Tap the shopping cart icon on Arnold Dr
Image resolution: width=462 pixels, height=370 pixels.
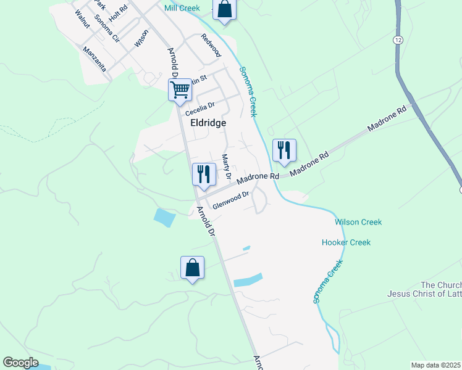pos(180,89)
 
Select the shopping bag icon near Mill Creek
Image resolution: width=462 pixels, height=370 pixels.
pos(224,10)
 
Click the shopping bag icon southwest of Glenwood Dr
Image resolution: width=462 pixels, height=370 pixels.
pos(192,268)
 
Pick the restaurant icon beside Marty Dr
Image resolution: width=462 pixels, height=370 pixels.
pos(204,174)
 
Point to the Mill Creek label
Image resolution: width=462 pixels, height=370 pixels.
pos(183,8)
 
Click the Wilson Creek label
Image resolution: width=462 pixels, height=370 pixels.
pos(358,222)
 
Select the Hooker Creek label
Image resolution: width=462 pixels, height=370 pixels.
pos(346,242)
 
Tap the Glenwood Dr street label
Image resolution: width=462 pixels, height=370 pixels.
pos(230,200)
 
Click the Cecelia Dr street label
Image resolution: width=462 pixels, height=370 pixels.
pos(203,109)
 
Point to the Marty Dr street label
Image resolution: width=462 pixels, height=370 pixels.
pos(226,167)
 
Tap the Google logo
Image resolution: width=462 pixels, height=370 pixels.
pos(20,363)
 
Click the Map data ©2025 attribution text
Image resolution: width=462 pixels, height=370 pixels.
pos(436,365)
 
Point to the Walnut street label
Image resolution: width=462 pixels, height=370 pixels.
pos(82,19)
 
